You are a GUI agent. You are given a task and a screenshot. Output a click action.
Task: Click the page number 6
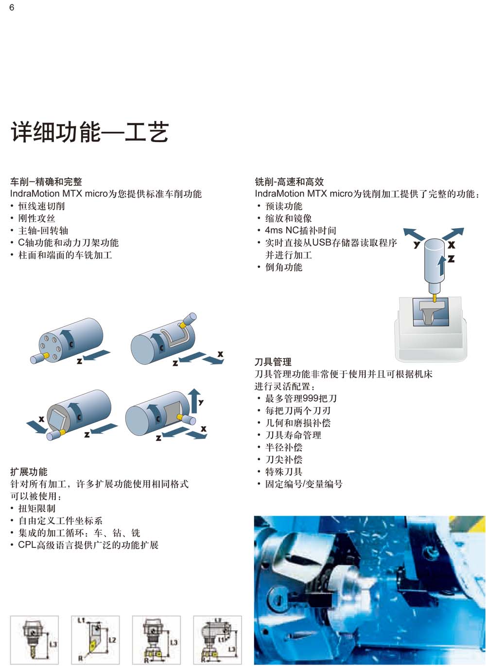[12, 7]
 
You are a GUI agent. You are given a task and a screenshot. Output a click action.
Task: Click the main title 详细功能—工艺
[90, 132]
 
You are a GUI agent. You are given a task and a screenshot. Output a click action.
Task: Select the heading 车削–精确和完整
[46, 181]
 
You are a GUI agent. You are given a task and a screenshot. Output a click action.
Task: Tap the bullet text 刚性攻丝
[36, 218]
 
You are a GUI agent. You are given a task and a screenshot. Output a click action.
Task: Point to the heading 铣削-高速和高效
[289, 181]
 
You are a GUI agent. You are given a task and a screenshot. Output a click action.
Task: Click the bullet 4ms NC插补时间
[301, 231]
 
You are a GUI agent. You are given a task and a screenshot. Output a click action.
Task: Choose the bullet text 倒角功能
[284, 267]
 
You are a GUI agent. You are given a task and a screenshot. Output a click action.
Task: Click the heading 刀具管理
[273, 362]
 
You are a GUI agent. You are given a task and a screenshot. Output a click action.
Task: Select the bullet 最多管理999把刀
[301, 398]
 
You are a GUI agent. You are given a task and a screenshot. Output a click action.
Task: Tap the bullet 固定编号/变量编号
[304, 484]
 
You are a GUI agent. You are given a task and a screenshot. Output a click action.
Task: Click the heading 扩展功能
[29, 471]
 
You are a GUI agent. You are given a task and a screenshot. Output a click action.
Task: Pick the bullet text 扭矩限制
[36, 508]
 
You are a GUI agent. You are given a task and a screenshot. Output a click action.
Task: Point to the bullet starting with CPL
[88, 545]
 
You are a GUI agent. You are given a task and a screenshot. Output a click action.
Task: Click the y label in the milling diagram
[417, 244]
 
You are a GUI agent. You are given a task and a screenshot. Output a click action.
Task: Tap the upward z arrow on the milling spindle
[442, 265]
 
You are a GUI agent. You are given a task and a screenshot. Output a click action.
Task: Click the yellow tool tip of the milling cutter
[435, 298]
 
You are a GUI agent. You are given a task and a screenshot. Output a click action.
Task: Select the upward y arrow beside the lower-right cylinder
[194, 400]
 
